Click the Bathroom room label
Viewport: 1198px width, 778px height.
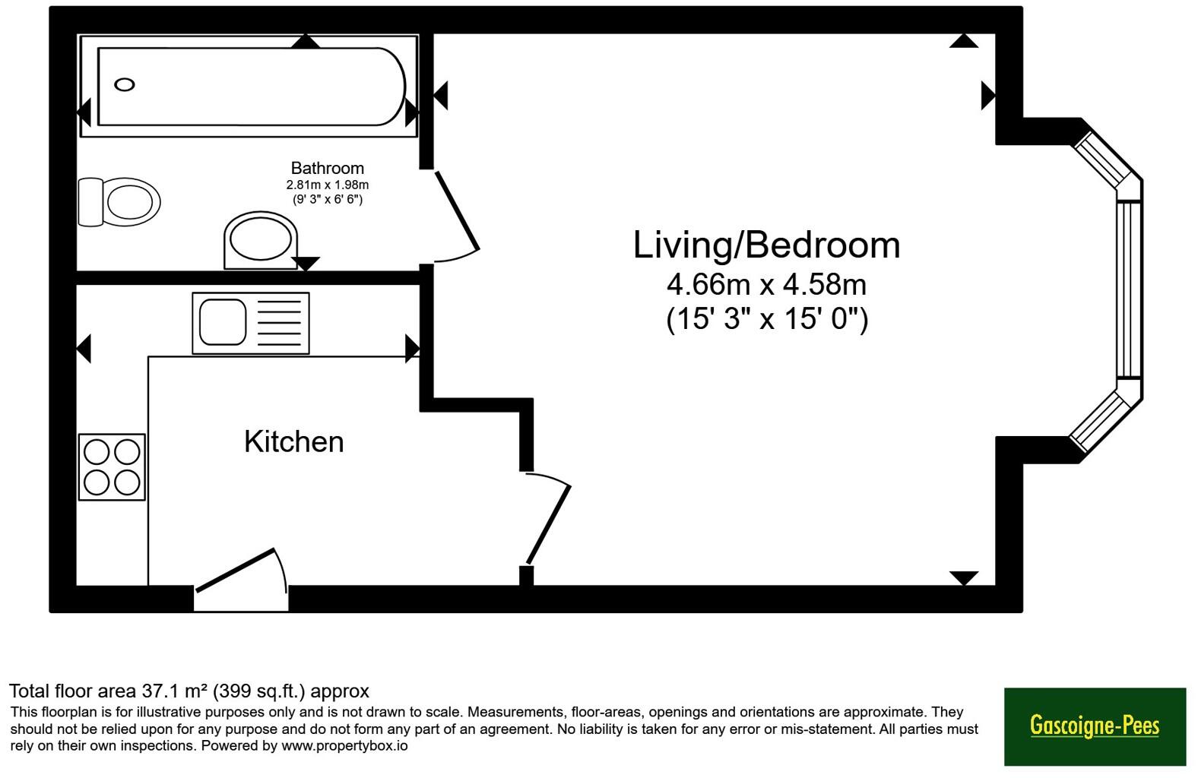(x=328, y=168)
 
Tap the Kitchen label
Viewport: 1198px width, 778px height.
(x=293, y=441)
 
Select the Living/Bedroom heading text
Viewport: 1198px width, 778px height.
(x=766, y=246)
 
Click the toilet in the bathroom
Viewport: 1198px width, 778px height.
(x=119, y=202)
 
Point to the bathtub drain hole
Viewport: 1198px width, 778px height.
(x=125, y=84)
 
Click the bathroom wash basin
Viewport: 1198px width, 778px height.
(x=261, y=241)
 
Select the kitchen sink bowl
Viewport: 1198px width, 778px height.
(x=223, y=322)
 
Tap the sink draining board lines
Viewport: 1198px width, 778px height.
(x=279, y=323)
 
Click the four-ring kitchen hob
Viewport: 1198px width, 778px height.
(x=112, y=467)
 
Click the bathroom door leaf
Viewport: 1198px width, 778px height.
(x=458, y=210)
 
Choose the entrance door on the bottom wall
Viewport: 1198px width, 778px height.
(x=236, y=571)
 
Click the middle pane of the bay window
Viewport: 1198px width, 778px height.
(x=1129, y=289)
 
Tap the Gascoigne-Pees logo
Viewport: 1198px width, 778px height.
(x=1095, y=726)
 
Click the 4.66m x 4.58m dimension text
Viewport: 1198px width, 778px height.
(x=766, y=284)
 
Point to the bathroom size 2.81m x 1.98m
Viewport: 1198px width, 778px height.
(x=328, y=185)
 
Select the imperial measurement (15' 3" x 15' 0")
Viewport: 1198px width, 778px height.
(x=767, y=319)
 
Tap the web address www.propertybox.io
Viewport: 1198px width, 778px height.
(x=344, y=745)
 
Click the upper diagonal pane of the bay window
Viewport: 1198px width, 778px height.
(x=1107, y=160)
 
